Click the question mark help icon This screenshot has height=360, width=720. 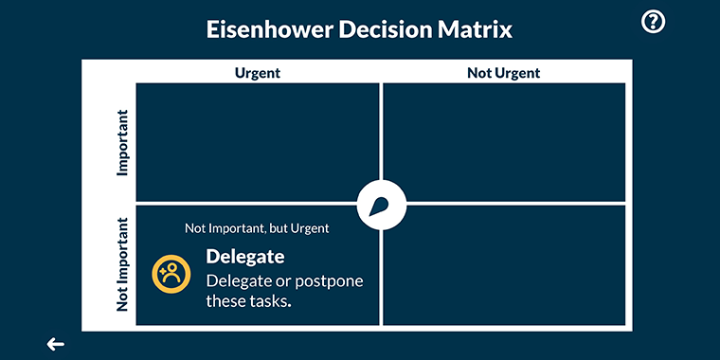(x=654, y=22)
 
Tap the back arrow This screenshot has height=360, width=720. (x=56, y=344)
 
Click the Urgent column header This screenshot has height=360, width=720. (x=258, y=73)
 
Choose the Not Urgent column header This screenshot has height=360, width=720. (x=504, y=73)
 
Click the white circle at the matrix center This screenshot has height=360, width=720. (x=382, y=203)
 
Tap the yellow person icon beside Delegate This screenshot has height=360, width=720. (x=171, y=274)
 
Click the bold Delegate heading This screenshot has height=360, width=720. (x=245, y=257)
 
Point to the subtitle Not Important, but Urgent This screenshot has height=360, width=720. (x=257, y=228)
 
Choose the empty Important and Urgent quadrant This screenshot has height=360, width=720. (x=258, y=142)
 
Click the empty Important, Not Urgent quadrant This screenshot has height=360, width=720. (x=504, y=142)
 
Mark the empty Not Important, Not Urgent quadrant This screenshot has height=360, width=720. (x=504, y=265)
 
